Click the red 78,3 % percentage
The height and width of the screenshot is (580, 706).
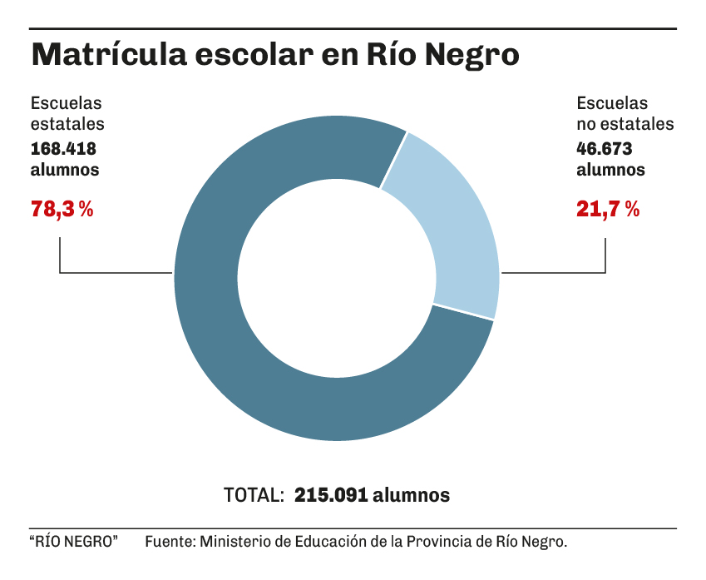point(62,209)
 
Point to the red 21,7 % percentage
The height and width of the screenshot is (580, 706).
point(608,209)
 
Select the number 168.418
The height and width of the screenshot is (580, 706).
point(63,149)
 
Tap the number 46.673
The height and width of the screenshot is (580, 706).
point(605,149)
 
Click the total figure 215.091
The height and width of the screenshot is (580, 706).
point(331,494)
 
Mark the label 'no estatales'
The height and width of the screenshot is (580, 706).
point(625,125)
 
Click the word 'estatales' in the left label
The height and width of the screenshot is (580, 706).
point(67,125)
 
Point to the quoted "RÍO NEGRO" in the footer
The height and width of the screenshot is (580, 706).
point(74,542)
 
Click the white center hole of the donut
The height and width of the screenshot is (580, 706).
point(337,278)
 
